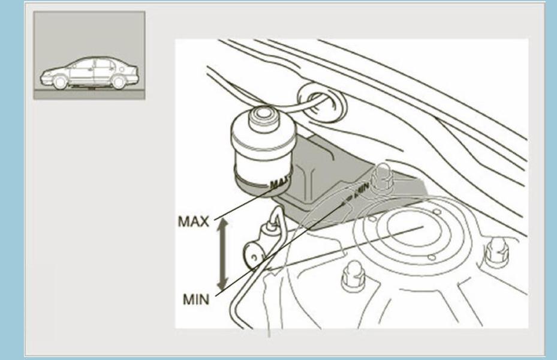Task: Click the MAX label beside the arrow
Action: [x=193, y=221]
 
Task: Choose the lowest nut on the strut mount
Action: [x=352, y=278]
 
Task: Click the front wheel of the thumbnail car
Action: [x=60, y=82]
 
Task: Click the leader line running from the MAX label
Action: [x=240, y=204]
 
